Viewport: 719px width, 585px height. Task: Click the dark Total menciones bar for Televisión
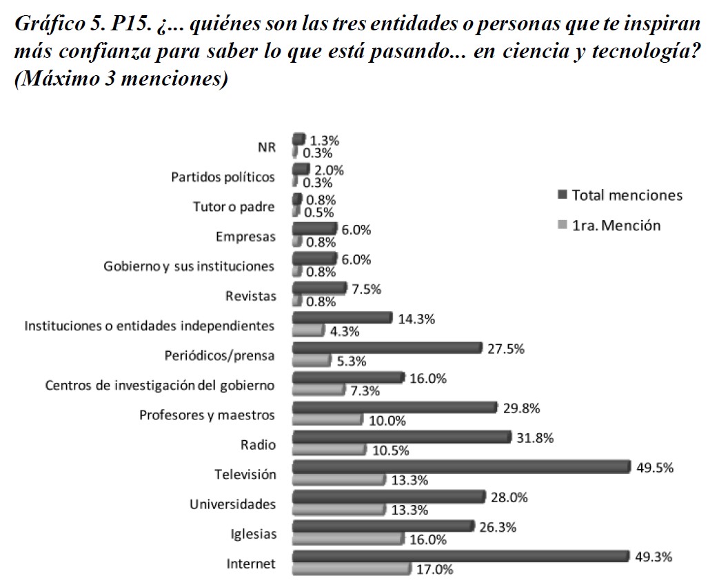point(460,467)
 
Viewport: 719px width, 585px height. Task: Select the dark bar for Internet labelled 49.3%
point(460,556)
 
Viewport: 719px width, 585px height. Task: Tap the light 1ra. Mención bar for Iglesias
point(347,539)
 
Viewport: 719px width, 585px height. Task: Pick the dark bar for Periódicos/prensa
point(386,348)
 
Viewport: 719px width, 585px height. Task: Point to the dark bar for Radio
point(401,437)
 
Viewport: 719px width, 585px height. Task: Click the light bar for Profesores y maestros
point(327,419)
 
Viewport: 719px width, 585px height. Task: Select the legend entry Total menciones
point(619,195)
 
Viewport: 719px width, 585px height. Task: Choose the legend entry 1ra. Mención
point(608,225)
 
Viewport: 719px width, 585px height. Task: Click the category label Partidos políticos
point(223,177)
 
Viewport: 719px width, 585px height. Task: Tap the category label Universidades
point(232,504)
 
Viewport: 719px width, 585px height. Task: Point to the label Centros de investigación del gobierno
point(160,385)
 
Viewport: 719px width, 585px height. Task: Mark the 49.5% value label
point(656,468)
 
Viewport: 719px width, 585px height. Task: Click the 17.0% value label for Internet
point(434,570)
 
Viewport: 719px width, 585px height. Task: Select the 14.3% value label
point(416,319)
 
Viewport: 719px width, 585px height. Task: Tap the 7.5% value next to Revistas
point(366,290)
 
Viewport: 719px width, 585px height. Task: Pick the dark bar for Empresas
point(314,229)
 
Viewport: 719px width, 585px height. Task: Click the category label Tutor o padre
point(234,207)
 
